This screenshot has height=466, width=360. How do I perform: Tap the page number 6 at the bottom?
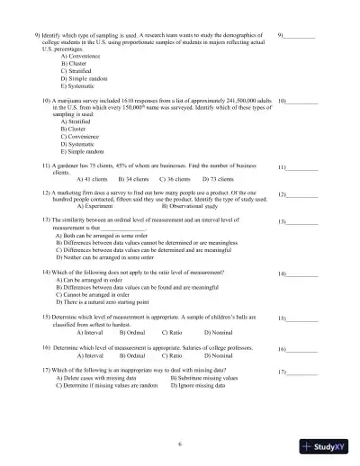(180, 443)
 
